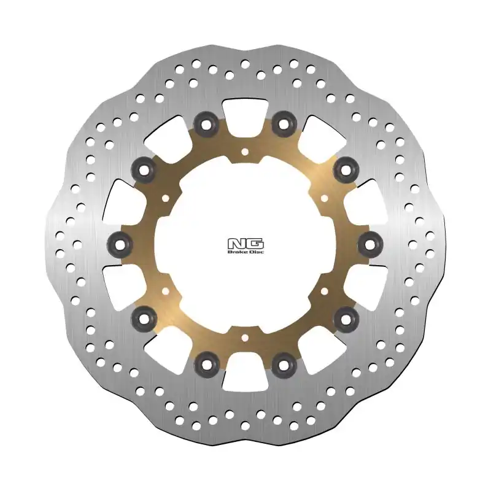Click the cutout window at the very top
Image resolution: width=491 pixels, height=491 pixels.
pyautogui.click(x=245, y=113)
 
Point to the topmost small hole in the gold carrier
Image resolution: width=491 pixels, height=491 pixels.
pyautogui.click(x=245, y=150)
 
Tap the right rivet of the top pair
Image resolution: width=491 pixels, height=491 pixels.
pyautogui.click(x=284, y=125)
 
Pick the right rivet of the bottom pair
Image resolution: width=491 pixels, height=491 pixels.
pyautogui.click(x=284, y=364)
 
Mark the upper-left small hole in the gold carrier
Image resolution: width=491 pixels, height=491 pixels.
pyautogui.click(x=164, y=198)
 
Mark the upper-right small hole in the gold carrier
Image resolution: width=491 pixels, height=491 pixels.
pyautogui.click(x=326, y=198)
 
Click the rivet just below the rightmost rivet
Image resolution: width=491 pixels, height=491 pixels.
pyautogui.click(x=347, y=318)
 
